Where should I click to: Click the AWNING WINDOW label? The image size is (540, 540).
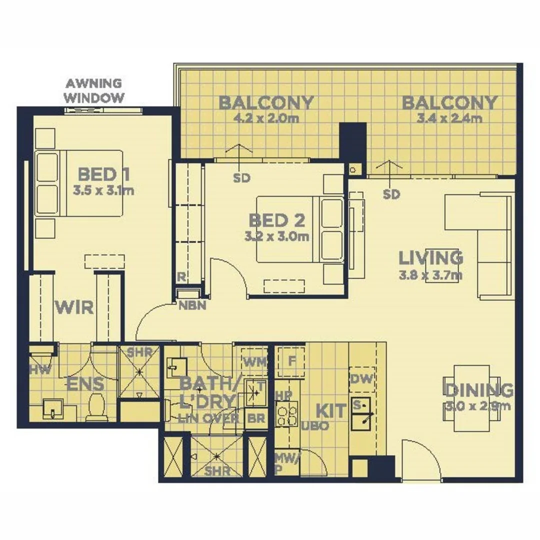(94, 90)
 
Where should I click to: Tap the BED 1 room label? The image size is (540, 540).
(104, 175)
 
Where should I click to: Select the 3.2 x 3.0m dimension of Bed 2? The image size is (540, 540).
(276, 237)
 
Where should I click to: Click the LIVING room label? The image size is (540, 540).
(430, 258)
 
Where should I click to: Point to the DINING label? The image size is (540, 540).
(479, 390)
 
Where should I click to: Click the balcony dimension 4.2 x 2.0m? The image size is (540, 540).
(266, 119)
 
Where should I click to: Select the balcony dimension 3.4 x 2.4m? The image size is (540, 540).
(449, 119)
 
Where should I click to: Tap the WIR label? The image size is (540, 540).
(74, 306)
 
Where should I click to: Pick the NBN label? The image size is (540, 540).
(192, 306)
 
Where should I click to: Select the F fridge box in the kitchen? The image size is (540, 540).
(291, 360)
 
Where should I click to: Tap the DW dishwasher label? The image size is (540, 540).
(362, 379)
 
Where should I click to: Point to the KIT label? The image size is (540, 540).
(330, 411)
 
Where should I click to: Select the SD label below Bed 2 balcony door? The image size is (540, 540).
(241, 178)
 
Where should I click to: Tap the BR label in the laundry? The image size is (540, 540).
(256, 418)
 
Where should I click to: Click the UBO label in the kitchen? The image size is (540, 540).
(315, 426)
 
